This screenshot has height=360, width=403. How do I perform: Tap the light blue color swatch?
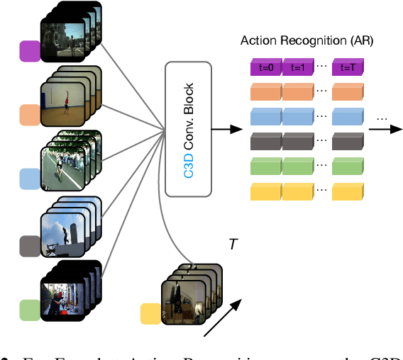(30, 179)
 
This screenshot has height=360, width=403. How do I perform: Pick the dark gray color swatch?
(30, 245)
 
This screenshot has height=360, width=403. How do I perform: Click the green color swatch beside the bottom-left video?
(30, 310)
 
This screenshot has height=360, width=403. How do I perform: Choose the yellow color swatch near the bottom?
(151, 313)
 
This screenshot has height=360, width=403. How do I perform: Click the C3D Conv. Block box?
(188, 129)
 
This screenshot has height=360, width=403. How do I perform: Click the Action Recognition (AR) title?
(307, 41)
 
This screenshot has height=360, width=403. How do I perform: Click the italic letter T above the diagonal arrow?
(233, 244)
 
